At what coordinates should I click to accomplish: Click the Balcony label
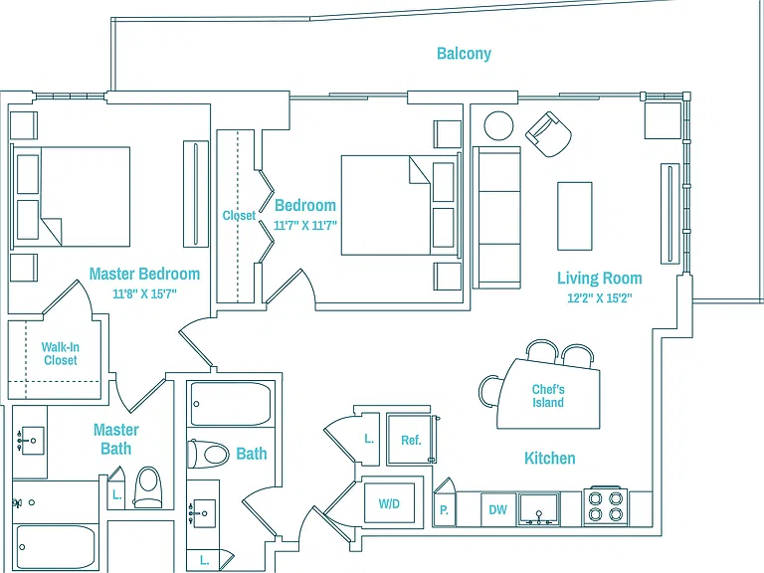464,53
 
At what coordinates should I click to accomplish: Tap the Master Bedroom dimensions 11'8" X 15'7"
144,293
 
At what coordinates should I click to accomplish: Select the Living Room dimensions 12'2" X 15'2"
599,297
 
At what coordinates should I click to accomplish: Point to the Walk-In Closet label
60,354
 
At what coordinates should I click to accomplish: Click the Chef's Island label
548,396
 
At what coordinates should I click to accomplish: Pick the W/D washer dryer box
389,503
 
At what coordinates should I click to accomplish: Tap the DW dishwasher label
498,509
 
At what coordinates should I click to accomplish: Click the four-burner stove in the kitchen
605,505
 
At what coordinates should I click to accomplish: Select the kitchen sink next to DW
538,509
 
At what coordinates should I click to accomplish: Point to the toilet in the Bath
209,454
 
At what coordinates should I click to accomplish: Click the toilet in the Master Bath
147,487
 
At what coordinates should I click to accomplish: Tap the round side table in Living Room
498,125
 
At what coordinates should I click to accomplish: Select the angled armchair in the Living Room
549,134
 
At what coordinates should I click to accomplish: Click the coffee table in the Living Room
575,216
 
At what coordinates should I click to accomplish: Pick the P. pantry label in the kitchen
444,510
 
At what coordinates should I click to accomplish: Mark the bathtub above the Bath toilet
231,404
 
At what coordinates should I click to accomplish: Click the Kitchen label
549,458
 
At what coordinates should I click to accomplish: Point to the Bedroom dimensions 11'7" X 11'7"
305,226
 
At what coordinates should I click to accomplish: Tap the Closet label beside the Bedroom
239,215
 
